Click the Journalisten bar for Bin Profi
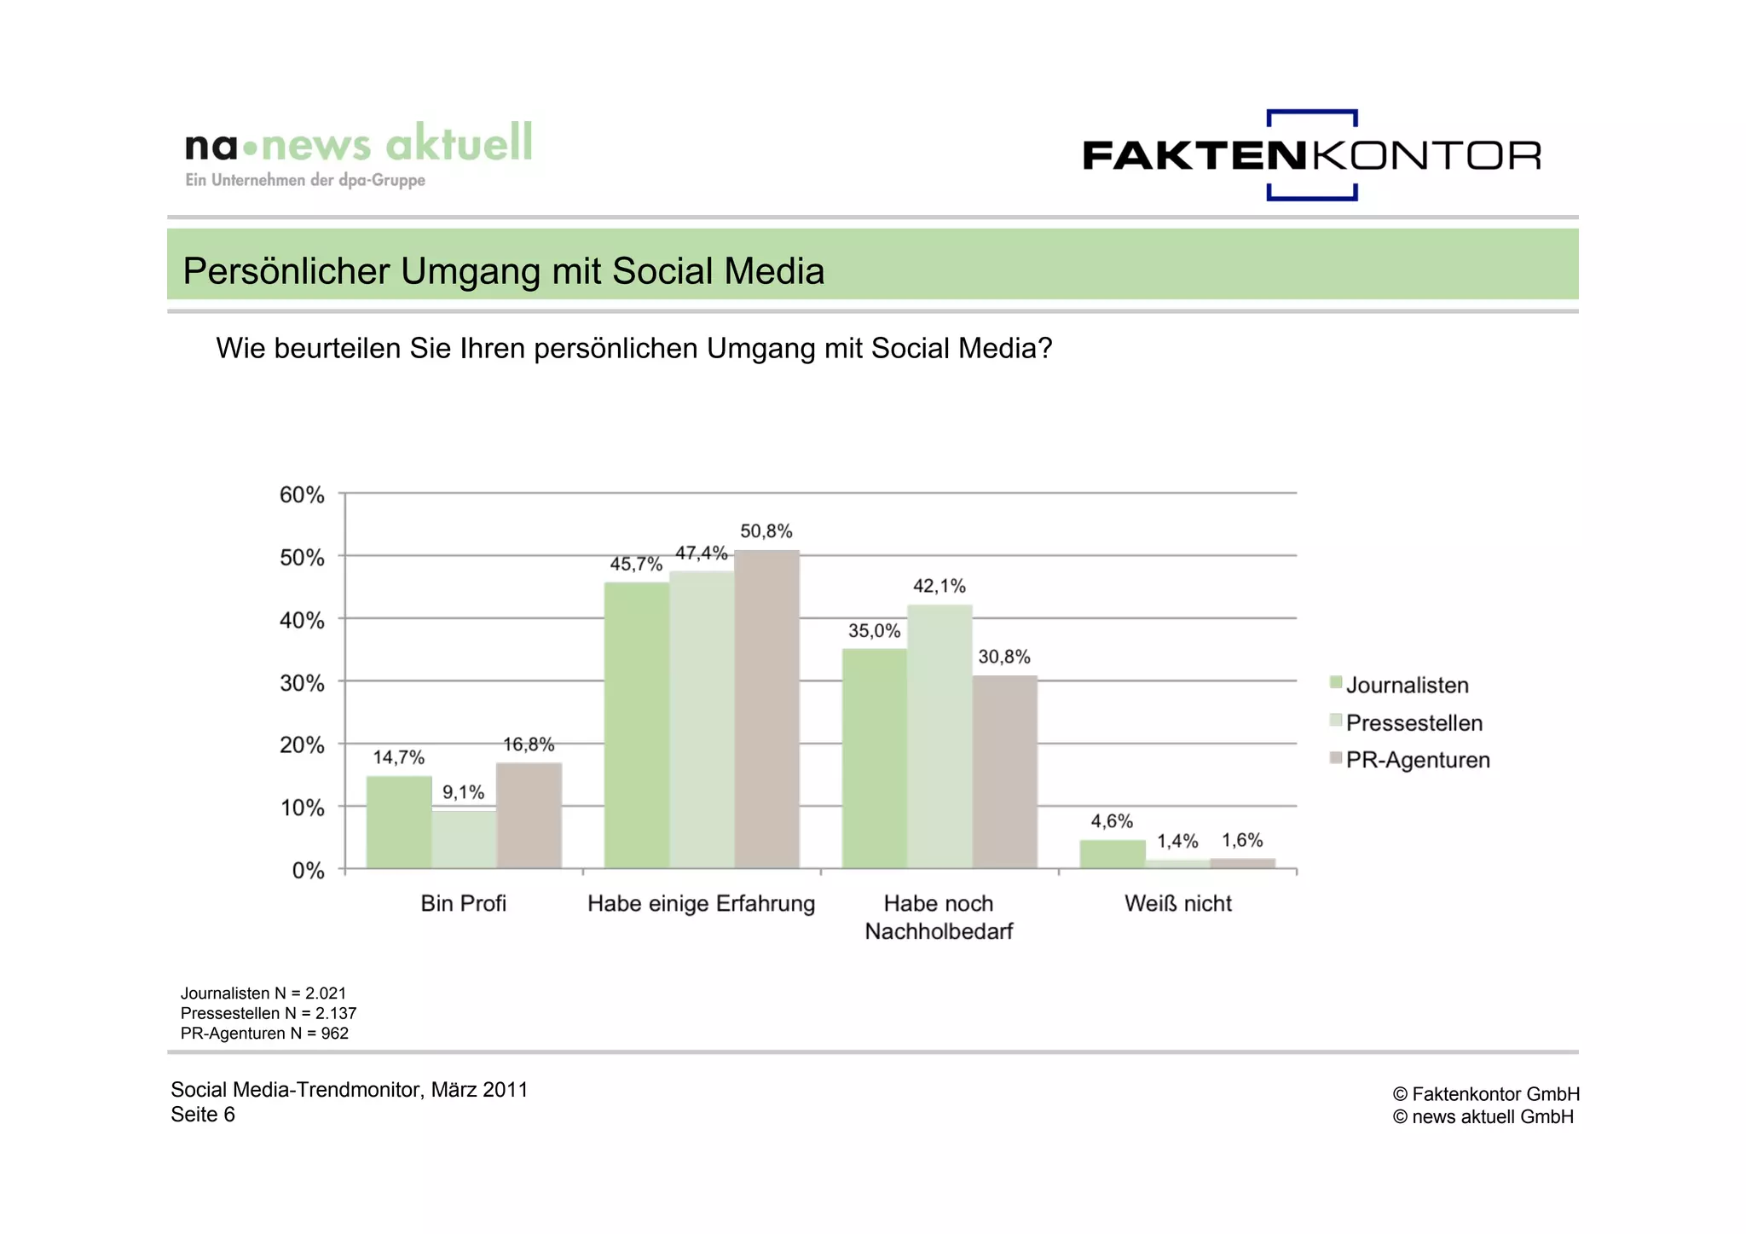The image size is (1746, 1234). click(x=399, y=822)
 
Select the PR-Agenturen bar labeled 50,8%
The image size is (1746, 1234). click(x=767, y=710)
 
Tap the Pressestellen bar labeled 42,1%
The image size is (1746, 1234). click(x=939, y=737)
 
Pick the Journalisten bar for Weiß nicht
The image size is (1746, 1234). click(x=1113, y=855)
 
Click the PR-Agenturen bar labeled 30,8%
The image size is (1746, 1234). click(x=1005, y=772)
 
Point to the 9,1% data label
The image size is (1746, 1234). click(x=463, y=792)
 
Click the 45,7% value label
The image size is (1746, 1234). click(x=636, y=564)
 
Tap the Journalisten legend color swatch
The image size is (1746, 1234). click(x=1336, y=683)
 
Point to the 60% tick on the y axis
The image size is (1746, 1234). click(x=302, y=495)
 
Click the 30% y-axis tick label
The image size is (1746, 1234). click(x=302, y=683)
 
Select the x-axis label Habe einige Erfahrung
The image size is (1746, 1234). click(x=701, y=903)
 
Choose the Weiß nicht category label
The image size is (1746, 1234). click(x=1177, y=903)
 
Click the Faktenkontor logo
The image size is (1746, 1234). click(x=1311, y=155)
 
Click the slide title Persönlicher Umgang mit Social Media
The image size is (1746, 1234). click(x=504, y=271)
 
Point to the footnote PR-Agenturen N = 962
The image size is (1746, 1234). click(x=264, y=1034)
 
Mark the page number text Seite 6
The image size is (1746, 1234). click(x=203, y=1115)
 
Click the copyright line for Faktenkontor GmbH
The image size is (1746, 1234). click(x=1486, y=1094)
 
